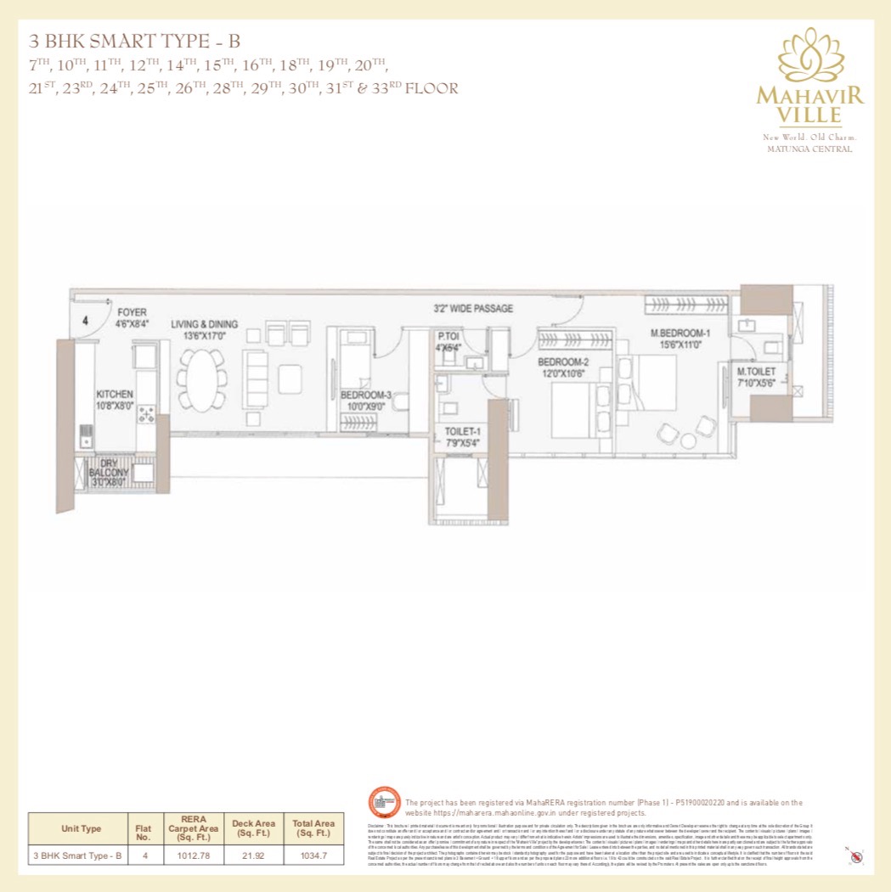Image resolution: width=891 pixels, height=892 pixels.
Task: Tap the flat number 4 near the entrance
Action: click(85, 321)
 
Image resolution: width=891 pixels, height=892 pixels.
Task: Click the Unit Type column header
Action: click(81, 828)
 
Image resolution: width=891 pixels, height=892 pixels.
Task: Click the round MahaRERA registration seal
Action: click(383, 803)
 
